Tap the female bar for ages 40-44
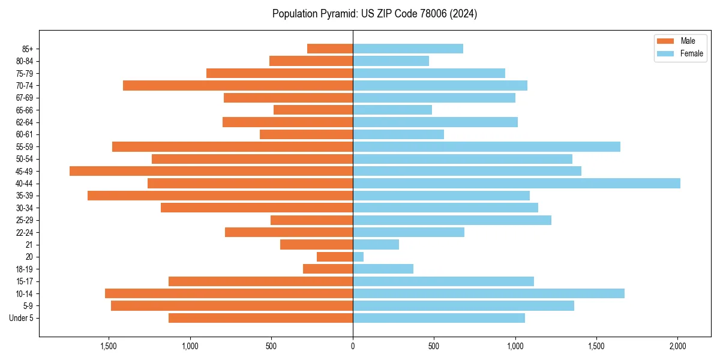tap(516, 184)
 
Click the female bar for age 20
tap(358, 257)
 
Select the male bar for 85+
tap(330, 49)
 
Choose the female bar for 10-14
tap(488, 293)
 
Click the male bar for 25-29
tap(311, 220)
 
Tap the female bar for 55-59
tap(486, 147)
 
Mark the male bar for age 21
tap(316, 245)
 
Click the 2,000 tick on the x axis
tap(677, 347)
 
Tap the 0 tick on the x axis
tap(353, 347)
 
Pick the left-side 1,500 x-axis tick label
tap(109, 347)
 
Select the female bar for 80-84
tap(391, 61)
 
